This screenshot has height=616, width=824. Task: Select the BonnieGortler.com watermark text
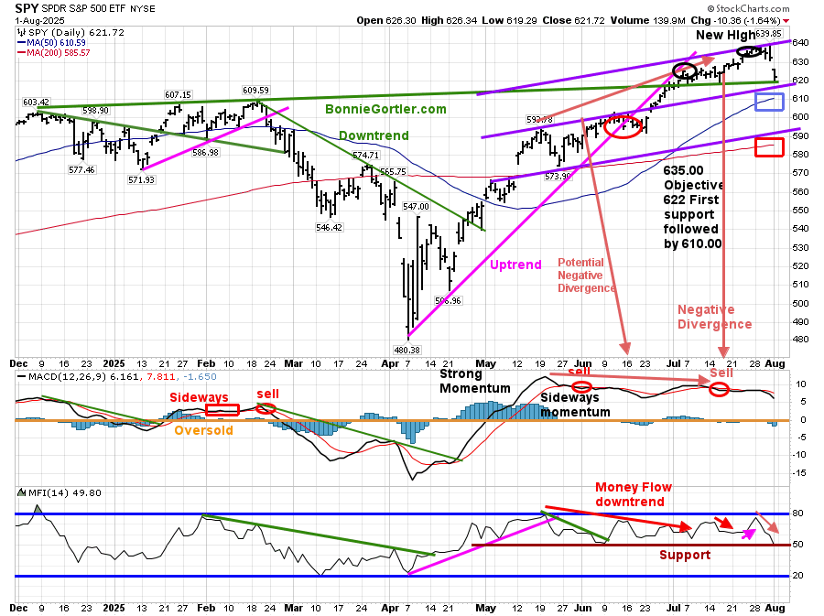pyautogui.click(x=385, y=109)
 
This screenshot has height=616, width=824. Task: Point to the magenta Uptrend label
pyautogui.click(x=515, y=265)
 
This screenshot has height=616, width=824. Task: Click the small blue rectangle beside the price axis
pyautogui.click(x=769, y=102)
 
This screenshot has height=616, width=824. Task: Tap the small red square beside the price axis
pyautogui.click(x=768, y=146)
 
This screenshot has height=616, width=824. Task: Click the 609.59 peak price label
pyautogui.click(x=255, y=90)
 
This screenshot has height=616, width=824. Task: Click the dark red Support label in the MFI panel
pyautogui.click(x=684, y=555)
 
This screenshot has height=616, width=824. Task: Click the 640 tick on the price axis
pyautogui.click(x=799, y=42)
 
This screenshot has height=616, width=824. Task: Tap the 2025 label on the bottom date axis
pyautogui.click(x=114, y=608)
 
